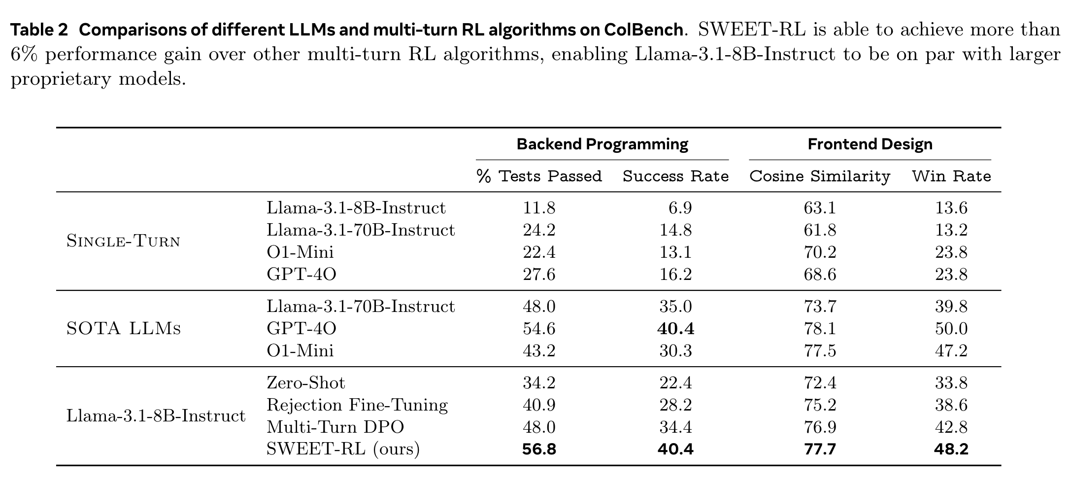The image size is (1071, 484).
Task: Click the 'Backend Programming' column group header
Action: click(x=602, y=144)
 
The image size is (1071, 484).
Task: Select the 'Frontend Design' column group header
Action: click(x=870, y=144)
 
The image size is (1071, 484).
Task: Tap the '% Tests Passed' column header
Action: click(x=539, y=176)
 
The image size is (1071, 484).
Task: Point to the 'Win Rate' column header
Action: click(x=951, y=176)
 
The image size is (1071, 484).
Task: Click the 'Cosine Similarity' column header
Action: click(x=820, y=176)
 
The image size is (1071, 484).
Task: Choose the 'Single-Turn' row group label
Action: click(x=123, y=242)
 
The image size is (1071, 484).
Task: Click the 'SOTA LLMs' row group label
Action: click(x=124, y=329)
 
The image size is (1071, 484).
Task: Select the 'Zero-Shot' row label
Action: click(x=306, y=383)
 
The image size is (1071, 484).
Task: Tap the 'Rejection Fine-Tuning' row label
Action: click(x=357, y=405)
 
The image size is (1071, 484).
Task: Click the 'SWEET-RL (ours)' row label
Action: click(x=343, y=449)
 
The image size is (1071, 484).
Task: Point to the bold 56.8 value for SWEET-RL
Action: click(x=539, y=449)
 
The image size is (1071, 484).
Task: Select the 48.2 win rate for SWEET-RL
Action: click(x=951, y=449)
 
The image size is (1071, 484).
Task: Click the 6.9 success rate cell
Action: click(x=680, y=208)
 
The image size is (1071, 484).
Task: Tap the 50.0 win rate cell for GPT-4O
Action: click(x=951, y=329)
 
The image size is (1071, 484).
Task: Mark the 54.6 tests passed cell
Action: click(x=539, y=329)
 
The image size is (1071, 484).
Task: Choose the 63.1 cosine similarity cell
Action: click(x=820, y=208)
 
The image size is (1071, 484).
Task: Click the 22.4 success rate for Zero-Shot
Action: click(x=675, y=383)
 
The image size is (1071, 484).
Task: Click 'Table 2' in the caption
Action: click(x=39, y=31)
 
